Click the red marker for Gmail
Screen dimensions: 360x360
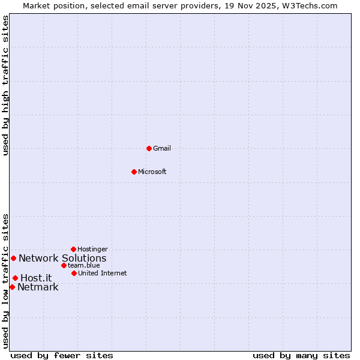point(149,148)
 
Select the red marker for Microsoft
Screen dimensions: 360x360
point(134,172)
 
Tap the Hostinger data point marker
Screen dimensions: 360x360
point(73,249)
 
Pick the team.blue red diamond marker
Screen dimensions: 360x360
point(64,265)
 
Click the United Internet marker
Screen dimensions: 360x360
point(74,273)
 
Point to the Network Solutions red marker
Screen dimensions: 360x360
point(13,258)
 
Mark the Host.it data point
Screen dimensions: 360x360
point(15,278)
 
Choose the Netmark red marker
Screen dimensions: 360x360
point(12,287)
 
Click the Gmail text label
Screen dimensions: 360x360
point(162,149)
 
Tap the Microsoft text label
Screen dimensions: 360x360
point(152,172)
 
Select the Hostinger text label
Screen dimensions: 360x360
point(93,250)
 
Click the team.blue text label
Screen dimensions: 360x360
point(84,266)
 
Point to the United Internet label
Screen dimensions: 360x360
point(103,274)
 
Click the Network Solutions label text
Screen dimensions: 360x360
point(62,259)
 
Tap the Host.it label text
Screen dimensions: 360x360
point(36,278)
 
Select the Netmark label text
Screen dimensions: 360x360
point(38,287)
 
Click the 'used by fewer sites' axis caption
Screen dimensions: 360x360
point(62,355)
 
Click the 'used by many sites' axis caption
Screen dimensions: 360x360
point(301,355)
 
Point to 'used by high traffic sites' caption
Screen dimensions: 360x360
point(5,85)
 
